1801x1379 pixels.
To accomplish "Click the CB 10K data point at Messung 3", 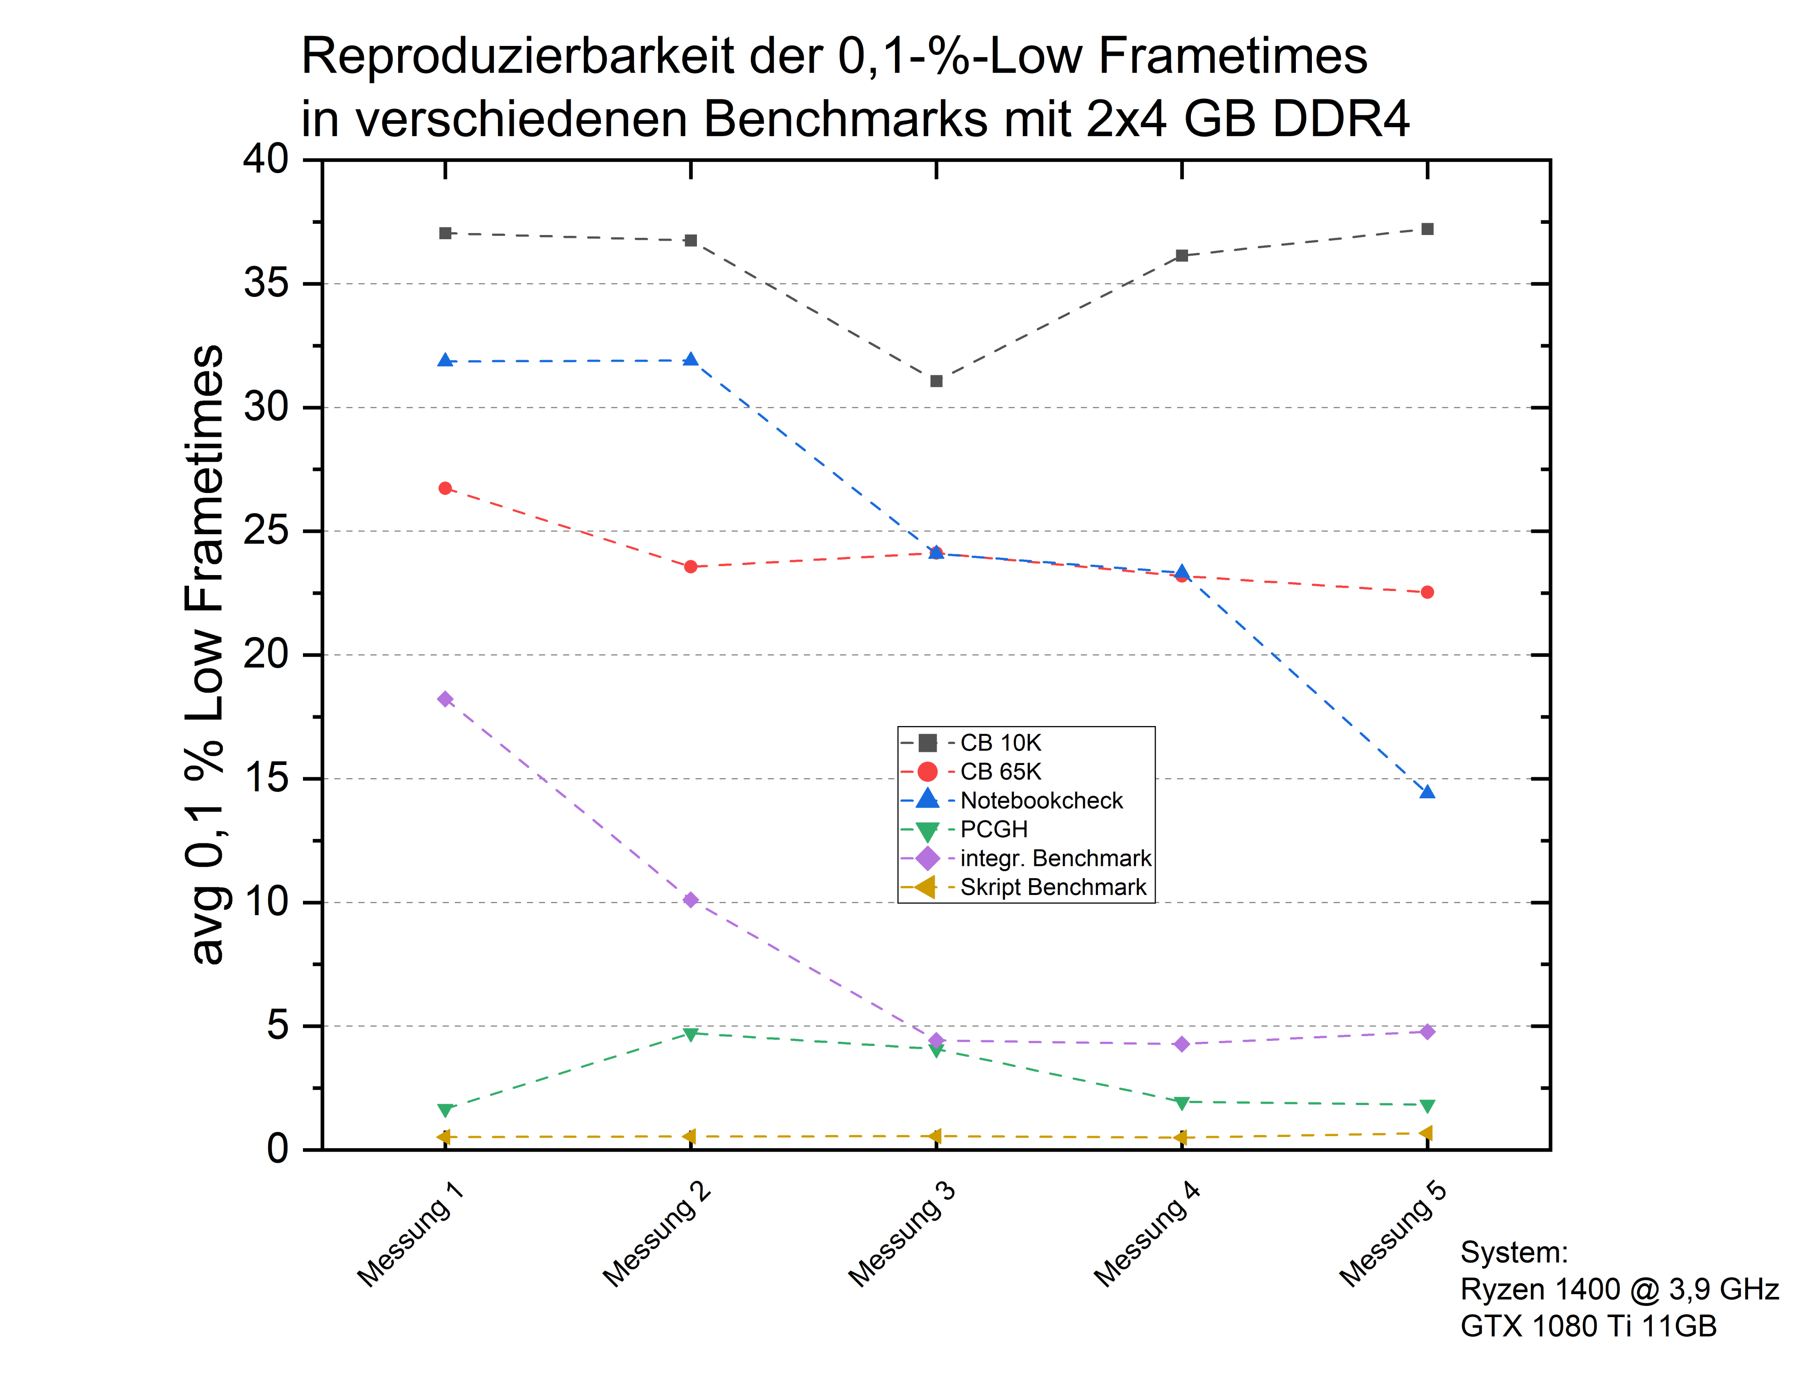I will (x=936, y=381).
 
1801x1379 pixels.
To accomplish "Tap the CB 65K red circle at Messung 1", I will (x=445, y=488).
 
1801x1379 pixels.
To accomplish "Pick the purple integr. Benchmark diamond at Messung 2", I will (x=690, y=900).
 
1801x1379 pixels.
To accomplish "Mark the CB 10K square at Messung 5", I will (x=1428, y=229).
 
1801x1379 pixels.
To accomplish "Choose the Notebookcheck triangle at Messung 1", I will (x=445, y=360).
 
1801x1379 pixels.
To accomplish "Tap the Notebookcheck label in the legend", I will (x=1041, y=801).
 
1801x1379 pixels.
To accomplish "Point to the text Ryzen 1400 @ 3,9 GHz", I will (x=1619, y=1289).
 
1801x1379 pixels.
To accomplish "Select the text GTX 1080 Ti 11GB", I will (x=1588, y=1326).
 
